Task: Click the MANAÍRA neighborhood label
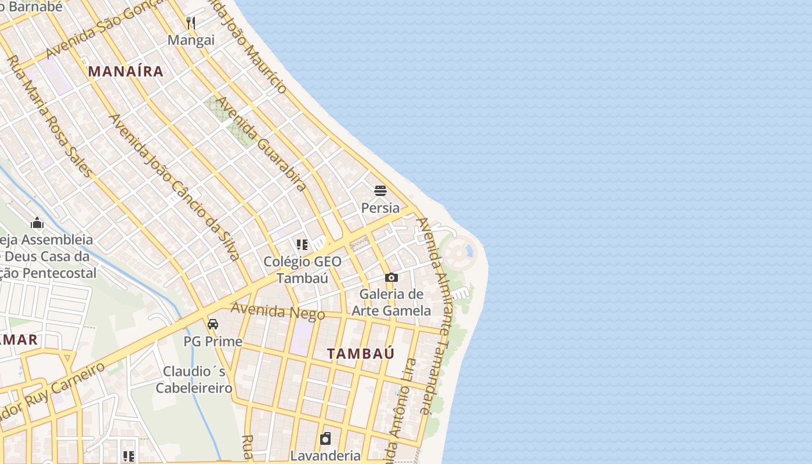pyautogui.click(x=125, y=71)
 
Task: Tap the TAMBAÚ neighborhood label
pyautogui.click(x=360, y=353)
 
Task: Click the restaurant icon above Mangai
pyautogui.click(x=191, y=23)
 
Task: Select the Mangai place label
pyautogui.click(x=191, y=40)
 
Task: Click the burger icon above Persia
pyautogui.click(x=380, y=191)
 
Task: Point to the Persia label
pyautogui.click(x=380, y=208)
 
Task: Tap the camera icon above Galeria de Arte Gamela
pyautogui.click(x=391, y=278)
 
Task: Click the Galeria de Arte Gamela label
pyautogui.click(x=391, y=302)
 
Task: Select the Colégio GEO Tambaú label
pyautogui.click(x=302, y=270)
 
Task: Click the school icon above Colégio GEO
pyautogui.click(x=302, y=245)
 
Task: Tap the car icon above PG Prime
pyautogui.click(x=213, y=324)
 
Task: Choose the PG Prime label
pyautogui.click(x=213, y=341)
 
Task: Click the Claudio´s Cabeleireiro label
pyautogui.click(x=194, y=379)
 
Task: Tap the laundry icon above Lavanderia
pyautogui.click(x=325, y=438)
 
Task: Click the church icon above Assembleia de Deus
pyautogui.click(x=37, y=223)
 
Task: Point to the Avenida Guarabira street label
pyautogui.click(x=261, y=144)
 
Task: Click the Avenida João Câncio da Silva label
pyautogui.click(x=174, y=187)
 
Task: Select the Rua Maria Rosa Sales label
pyautogui.click(x=49, y=116)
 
